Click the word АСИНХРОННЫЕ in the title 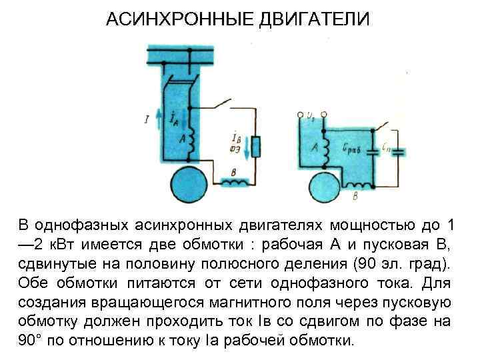pyautogui.click(x=175, y=18)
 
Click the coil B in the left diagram pyautogui.click(x=236, y=180)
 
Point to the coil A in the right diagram pyautogui.click(x=326, y=151)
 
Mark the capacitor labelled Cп pyautogui.click(x=399, y=151)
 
